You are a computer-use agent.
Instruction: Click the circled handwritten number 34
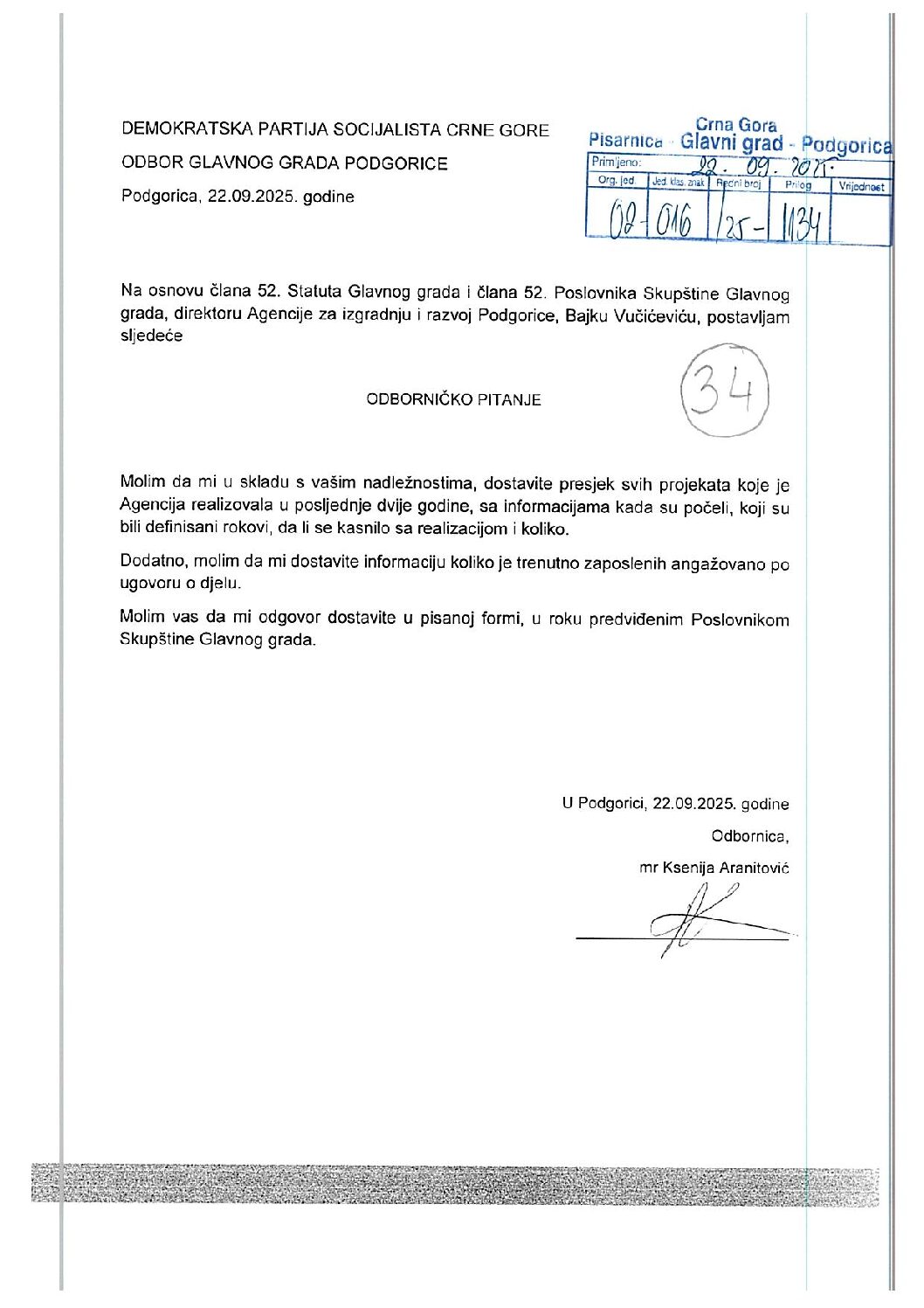(x=725, y=396)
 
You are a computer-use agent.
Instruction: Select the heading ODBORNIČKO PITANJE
(x=453, y=400)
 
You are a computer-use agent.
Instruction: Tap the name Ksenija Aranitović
(x=726, y=868)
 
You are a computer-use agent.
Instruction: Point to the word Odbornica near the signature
(x=749, y=836)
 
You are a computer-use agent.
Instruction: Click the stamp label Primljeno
(x=616, y=163)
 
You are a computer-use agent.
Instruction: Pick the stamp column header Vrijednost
(x=861, y=186)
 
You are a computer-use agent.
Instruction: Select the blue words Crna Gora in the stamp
(x=735, y=125)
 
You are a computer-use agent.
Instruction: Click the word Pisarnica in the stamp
(x=625, y=140)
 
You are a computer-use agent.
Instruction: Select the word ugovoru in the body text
(x=148, y=584)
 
